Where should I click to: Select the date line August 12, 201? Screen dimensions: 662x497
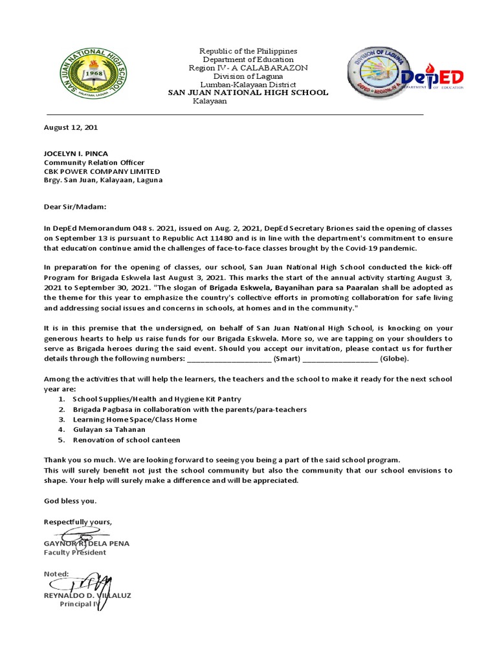[71, 128]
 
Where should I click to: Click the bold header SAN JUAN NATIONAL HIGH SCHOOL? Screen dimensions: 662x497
[248, 93]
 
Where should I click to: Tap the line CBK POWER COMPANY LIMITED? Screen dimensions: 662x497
[102, 171]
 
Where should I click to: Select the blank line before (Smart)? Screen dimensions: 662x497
[228, 358]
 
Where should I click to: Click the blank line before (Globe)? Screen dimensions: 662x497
[340, 358]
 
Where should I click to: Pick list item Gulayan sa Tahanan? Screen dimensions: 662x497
[109, 429]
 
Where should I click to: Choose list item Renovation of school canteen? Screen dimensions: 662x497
[126, 440]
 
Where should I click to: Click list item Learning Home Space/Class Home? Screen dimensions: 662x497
[135, 420]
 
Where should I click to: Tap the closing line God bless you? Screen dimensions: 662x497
[70, 501]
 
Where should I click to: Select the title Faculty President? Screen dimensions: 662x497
[75, 553]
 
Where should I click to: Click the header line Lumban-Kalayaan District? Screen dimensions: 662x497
[248, 85]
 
